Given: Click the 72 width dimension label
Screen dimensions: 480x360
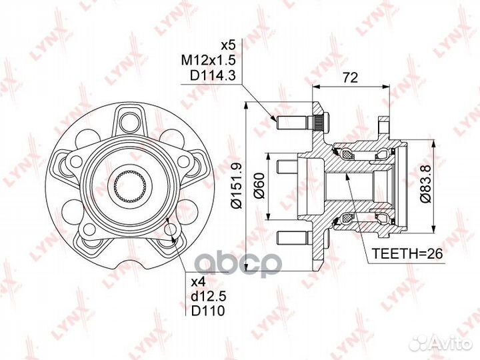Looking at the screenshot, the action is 350,78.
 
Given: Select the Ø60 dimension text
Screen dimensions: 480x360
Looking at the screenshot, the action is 259,185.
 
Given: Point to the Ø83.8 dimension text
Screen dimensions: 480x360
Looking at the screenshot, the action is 425,183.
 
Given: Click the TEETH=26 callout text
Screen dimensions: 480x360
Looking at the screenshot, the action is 407,254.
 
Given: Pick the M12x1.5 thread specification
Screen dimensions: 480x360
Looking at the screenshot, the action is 208,60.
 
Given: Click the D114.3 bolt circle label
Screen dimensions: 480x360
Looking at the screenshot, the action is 213,75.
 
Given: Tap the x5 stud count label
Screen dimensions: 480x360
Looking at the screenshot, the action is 228,45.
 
